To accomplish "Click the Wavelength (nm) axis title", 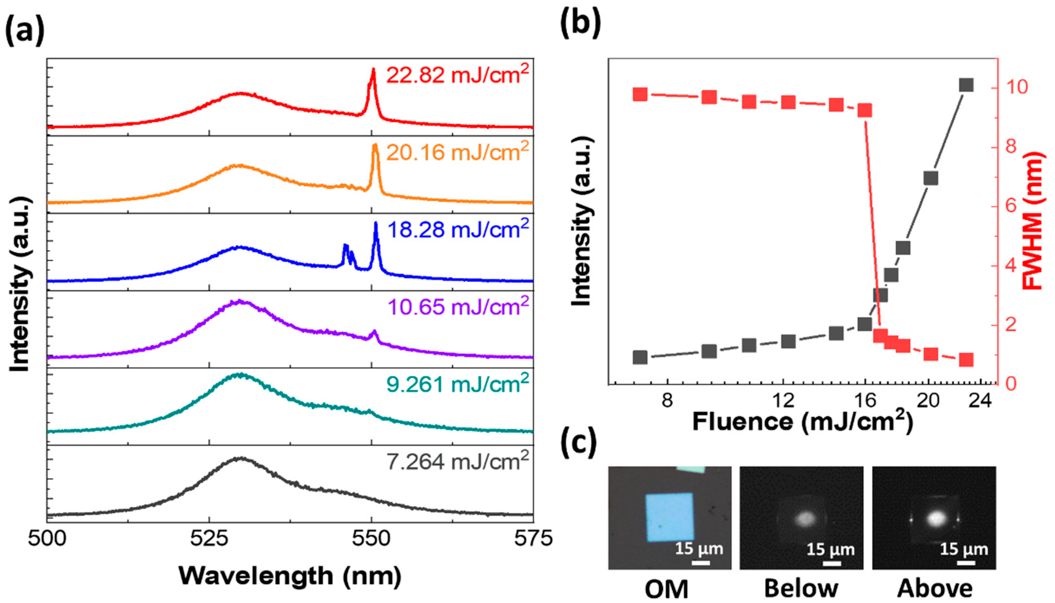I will coord(290,576).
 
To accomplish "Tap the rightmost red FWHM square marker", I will coord(966,360).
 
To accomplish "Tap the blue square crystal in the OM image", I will coord(670,522).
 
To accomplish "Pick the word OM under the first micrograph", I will coord(667,588).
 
